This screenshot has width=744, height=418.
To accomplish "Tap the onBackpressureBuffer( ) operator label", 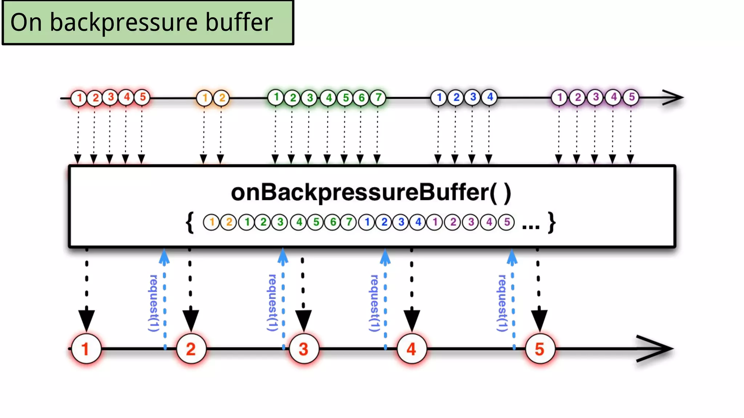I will tap(371, 192).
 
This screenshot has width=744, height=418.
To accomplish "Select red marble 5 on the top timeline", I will tap(142, 97).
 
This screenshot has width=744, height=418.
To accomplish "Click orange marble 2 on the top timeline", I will tap(222, 98).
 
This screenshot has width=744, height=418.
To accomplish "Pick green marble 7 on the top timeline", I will tap(378, 97).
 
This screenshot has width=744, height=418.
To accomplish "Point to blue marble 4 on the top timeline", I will tap(490, 97).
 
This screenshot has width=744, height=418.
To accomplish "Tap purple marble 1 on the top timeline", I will tap(559, 97).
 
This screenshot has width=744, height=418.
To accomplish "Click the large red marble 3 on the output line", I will tap(304, 349).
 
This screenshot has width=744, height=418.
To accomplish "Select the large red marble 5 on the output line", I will tap(540, 349).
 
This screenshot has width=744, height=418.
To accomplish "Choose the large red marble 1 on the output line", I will tap(86, 349).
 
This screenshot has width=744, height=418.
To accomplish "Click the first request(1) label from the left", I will tap(154, 303).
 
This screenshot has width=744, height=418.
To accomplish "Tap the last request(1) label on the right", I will tap(502, 303).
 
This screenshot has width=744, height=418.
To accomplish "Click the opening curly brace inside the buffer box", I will tap(190, 222).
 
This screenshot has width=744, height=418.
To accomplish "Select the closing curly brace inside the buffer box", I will tap(552, 222).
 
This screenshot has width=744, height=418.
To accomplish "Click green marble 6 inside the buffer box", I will tap(332, 222).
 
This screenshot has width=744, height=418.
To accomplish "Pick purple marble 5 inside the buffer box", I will tap(507, 222).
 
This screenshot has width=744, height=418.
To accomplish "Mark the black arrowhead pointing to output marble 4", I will tap(412, 319).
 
